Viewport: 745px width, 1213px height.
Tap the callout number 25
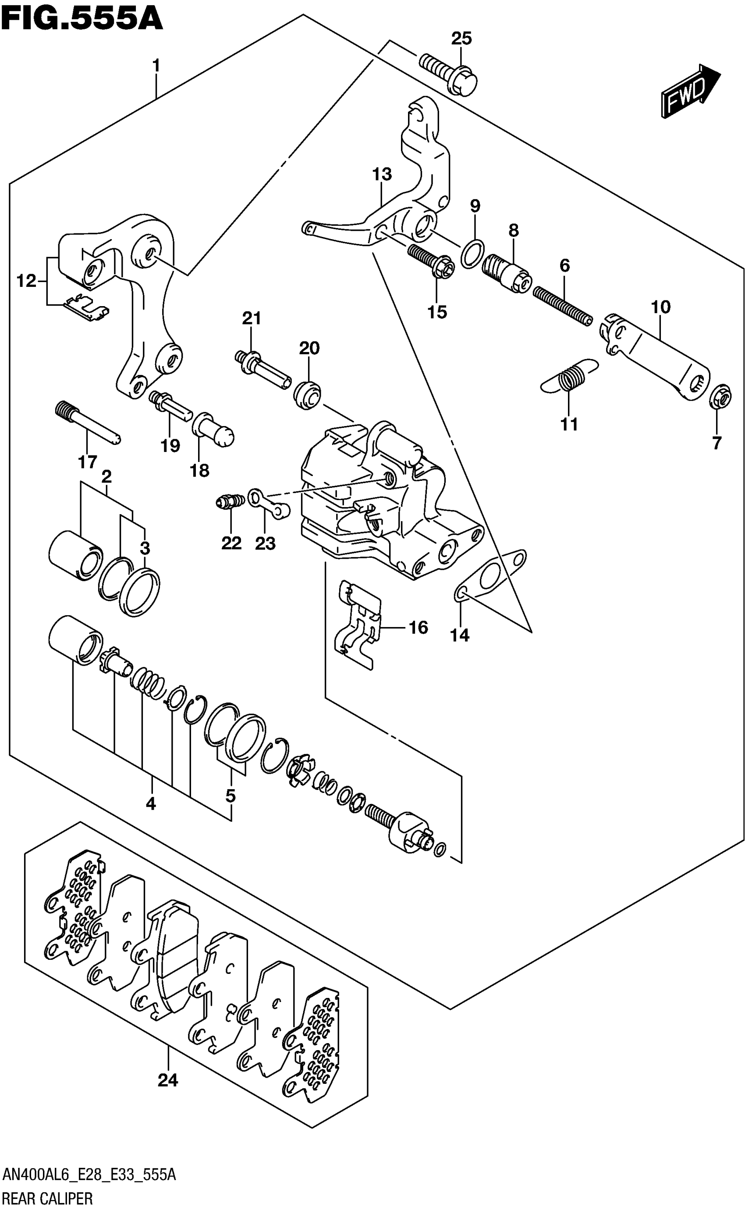(x=462, y=39)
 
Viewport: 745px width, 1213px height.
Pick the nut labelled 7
(x=720, y=396)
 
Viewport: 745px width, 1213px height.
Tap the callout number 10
(x=661, y=307)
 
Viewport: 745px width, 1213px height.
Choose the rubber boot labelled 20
(x=308, y=394)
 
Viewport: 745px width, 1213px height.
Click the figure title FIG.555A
(x=82, y=19)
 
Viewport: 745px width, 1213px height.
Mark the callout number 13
(x=382, y=174)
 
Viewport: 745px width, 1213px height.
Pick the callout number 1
(x=156, y=66)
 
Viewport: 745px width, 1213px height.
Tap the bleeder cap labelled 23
(x=269, y=504)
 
